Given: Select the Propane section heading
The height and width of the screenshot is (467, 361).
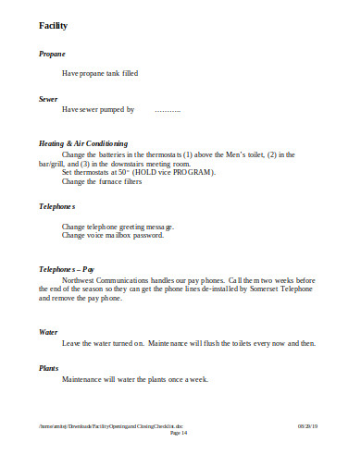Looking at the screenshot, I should click(x=52, y=55).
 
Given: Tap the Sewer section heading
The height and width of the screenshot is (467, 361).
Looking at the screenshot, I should click(x=48, y=97).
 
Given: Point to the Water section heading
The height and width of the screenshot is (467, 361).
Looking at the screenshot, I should click(x=48, y=331).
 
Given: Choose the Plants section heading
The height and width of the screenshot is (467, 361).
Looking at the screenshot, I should click(x=49, y=367).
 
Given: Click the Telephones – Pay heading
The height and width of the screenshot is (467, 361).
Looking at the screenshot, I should click(x=68, y=268).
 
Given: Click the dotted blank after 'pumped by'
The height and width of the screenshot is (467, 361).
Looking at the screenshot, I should click(x=168, y=109).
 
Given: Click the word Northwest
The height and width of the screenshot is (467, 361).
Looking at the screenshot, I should click(x=81, y=279).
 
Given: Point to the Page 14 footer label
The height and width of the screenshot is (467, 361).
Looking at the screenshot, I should click(x=180, y=433).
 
